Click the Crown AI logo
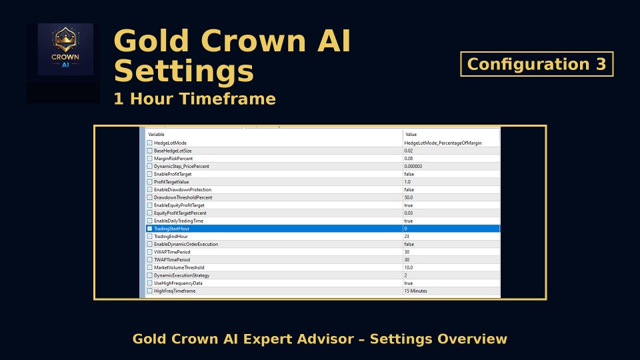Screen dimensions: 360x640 coord(65,50)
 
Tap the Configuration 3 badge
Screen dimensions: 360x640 coord(537,64)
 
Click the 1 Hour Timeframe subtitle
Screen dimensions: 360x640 coord(195,99)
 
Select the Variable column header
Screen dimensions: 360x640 coord(157,135)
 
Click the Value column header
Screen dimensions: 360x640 coord(411,135)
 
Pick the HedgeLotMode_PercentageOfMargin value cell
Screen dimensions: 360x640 coord(443,143)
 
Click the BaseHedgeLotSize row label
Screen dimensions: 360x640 coord(173,151)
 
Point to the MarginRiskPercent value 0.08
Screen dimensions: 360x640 coord(409,159)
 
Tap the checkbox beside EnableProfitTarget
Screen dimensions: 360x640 coord(150,174)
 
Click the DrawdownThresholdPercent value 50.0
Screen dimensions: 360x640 coord(409,197)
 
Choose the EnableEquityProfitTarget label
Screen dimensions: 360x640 coord(179,205)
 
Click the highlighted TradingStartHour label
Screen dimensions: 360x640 coord(172,229)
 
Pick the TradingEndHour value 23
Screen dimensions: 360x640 coord(407,237)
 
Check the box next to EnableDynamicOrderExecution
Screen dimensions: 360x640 coord(150,244)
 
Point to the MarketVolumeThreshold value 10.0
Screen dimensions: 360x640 coord(409,267)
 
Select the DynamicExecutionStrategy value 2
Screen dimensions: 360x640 coord(406,275)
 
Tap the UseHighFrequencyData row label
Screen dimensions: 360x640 coord(178,283)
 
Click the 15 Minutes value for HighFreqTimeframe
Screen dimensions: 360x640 coord(416,291)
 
